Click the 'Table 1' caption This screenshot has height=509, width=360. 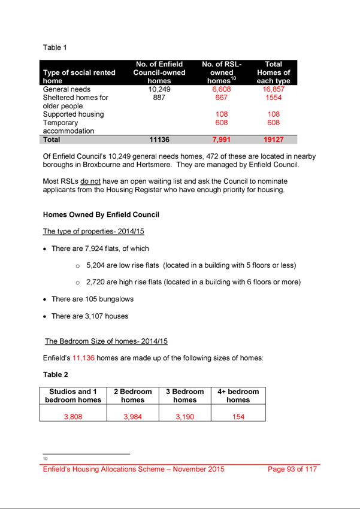55,47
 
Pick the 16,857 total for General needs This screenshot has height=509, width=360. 273,89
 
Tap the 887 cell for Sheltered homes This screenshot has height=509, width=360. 159,98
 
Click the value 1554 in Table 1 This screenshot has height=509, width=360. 273,98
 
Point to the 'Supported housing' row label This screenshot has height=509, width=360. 74,114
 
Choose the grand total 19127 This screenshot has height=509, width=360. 273,140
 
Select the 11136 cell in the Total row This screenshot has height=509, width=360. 159,140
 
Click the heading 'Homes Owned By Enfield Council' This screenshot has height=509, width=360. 101,214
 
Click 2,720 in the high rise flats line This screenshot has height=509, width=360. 97,281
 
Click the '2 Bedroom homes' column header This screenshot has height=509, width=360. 132,396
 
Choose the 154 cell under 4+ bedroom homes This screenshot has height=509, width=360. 238,417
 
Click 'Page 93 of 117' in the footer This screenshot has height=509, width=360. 292,469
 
